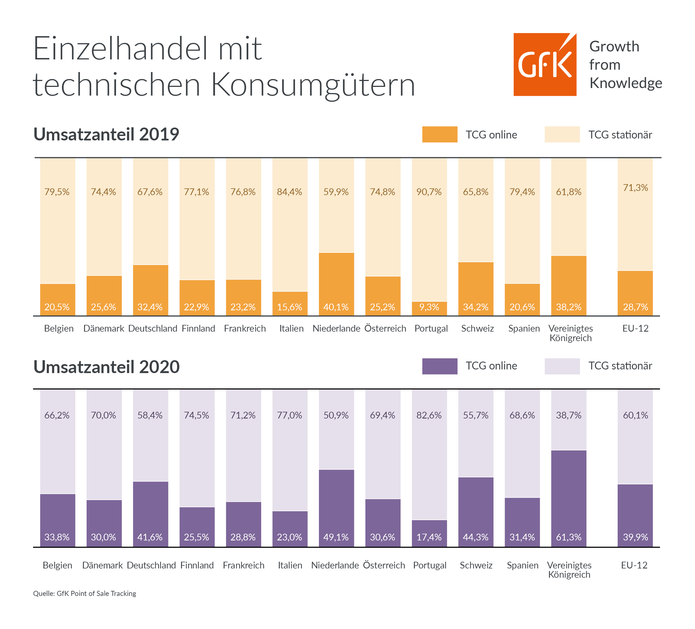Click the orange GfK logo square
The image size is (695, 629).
[x=545, y=64]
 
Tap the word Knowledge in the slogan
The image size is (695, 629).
[x=625, y=83]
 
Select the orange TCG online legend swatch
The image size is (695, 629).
[x=439, y=135]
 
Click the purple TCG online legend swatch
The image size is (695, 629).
[x=439, y=366]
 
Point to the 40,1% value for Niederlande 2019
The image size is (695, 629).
[x=336, y=307]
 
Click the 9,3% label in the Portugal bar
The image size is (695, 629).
[x=429, y=307]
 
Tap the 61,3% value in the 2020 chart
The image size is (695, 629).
[x=569, y=537]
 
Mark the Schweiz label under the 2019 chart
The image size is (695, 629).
[x=478, y=328]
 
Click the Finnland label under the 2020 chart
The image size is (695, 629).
[x=197, y=565]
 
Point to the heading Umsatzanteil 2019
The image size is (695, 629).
[x=106, y=134]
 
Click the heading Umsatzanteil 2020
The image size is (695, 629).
[x=106, y=367]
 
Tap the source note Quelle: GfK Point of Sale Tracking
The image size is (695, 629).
[x=84, y=593]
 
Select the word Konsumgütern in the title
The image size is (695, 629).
[x=313, y=85]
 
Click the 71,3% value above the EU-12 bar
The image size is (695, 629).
[x=635, y=188]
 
